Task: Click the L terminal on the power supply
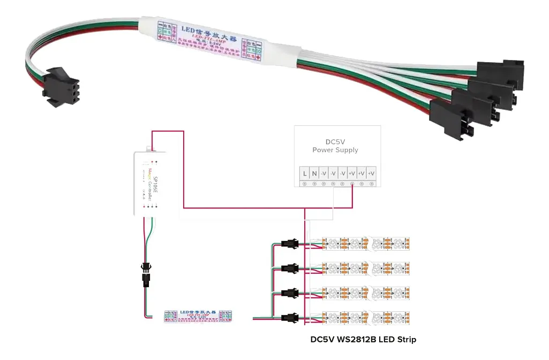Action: (305, 174)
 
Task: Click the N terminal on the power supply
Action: (314, 174)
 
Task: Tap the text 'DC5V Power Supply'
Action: (335, 146)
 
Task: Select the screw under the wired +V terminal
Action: (352, 184)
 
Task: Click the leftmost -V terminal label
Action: (324, 174)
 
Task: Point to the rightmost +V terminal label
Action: (371, 174)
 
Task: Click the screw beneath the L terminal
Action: (305, 184)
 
